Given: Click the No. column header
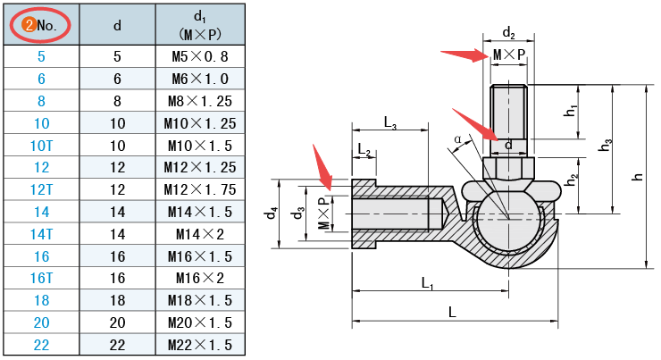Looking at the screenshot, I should click(41, 25).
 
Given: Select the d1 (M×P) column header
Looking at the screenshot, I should click(200, 25).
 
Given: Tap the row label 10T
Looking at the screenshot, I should click(41, 145).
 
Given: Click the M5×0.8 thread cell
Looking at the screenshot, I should click(200, 55).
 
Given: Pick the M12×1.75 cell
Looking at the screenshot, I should click(200, 189).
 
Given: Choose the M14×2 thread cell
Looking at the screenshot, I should click(200, 234).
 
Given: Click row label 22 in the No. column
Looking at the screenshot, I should click(41, 345).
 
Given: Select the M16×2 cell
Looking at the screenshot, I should click(200, 278).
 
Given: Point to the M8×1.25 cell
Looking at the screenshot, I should click(200, 100).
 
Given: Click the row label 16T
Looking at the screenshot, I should click(41, 278).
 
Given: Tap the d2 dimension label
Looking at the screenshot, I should click(508, 33).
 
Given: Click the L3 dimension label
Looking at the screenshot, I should click(390, 121).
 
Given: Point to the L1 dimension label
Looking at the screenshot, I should click(427, 283).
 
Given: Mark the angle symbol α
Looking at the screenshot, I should click(458, 139).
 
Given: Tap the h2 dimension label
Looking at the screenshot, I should click(570, 179).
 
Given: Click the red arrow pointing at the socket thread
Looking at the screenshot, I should click(322, 166).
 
